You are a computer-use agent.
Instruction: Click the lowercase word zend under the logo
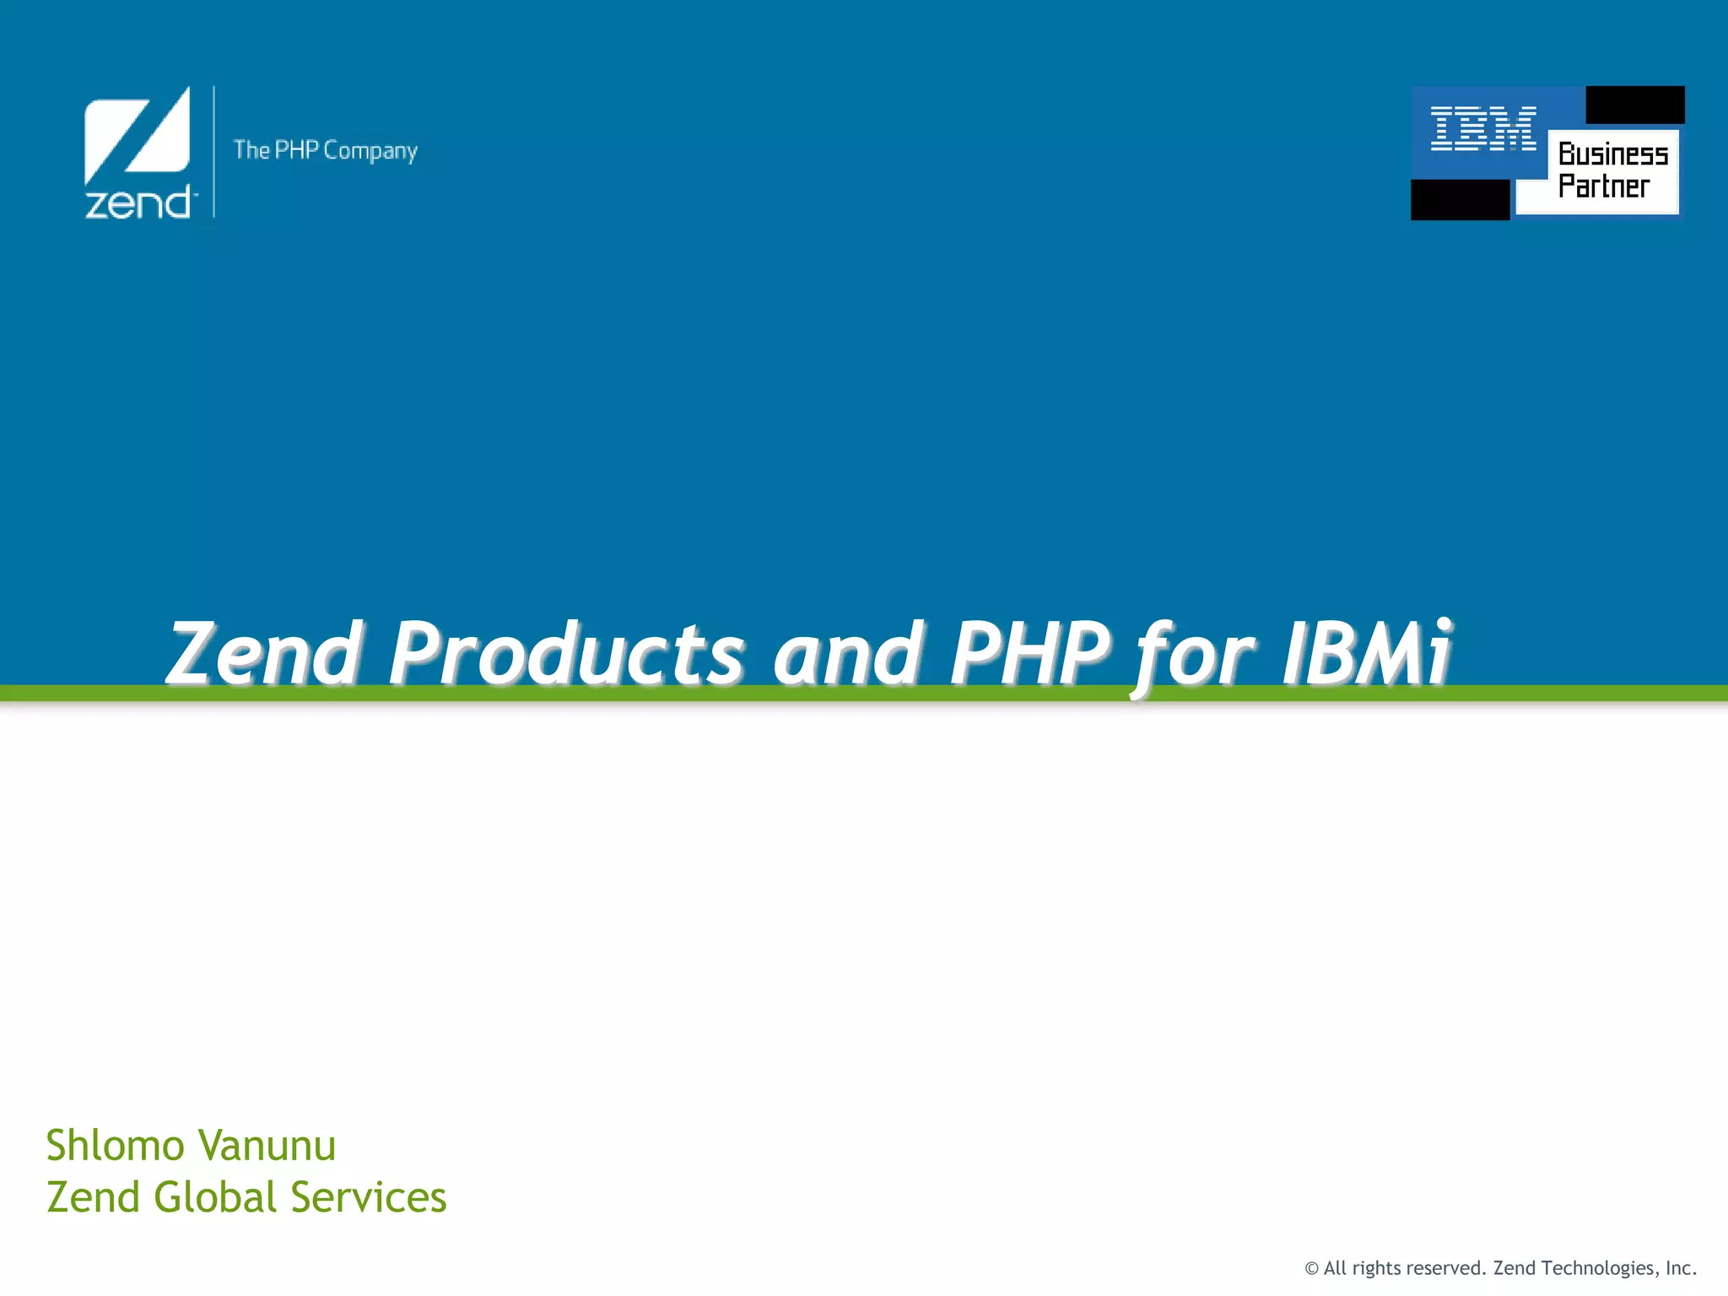138,203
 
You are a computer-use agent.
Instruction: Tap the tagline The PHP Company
326,150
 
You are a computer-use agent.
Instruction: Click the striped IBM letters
1483,129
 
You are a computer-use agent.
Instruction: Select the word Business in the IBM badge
1612,154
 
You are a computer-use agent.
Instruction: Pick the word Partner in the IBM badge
1603,186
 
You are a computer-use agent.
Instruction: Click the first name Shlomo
115,1146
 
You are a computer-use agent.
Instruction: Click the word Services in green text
369,1197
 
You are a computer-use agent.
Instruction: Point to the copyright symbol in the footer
1311,1269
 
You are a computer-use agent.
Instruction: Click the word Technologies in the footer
1597,1268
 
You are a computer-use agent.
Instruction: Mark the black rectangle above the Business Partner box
1635,105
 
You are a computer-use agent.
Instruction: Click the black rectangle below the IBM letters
1461,200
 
